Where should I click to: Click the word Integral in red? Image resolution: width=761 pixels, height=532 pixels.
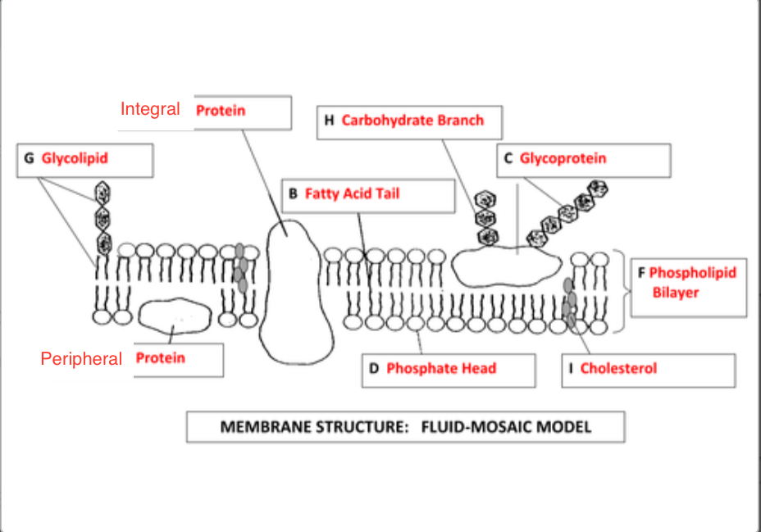pos(150,108)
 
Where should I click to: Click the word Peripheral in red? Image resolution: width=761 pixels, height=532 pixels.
pos(81,359)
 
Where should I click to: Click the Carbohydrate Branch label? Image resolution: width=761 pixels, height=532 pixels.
pos(412,120)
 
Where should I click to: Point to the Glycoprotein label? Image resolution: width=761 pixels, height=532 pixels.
pos(563,157)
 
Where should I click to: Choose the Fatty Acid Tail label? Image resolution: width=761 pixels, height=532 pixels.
pos(352,193)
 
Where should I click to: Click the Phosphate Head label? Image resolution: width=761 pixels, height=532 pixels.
pos(440,368)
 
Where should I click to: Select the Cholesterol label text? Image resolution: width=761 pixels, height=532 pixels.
pos(618,368)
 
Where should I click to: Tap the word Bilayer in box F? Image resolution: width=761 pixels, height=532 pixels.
pos(676,293)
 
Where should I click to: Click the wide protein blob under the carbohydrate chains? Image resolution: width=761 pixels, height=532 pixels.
pos(504,267)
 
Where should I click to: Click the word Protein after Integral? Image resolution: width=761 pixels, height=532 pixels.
pos(220,110)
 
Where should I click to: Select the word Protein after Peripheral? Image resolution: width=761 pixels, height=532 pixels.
pos(160,358)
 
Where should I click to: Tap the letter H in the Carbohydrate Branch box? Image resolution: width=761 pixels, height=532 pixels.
pos(329,120)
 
